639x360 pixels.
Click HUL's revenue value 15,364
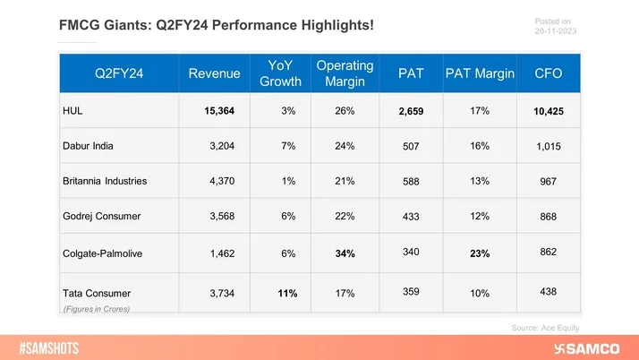(220, 111)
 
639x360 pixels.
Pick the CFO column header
(550, 73)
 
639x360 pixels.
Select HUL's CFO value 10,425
(550, 111)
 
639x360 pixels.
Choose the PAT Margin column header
(480, 73)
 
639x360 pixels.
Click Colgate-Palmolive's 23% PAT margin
(479, 254)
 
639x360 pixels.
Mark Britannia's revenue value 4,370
(225, 182)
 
